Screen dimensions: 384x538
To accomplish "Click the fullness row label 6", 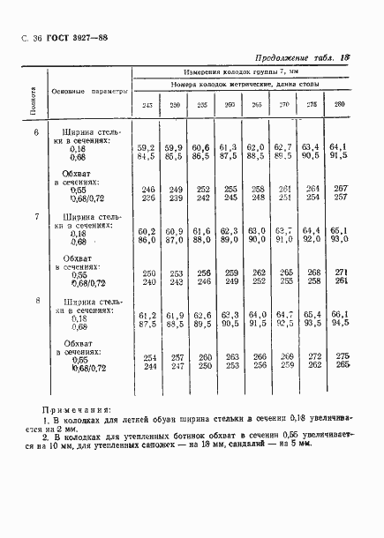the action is pyautogui.click(x=36, y=133).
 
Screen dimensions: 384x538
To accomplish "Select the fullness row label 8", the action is pyautogui.click(x=36, y=302).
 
